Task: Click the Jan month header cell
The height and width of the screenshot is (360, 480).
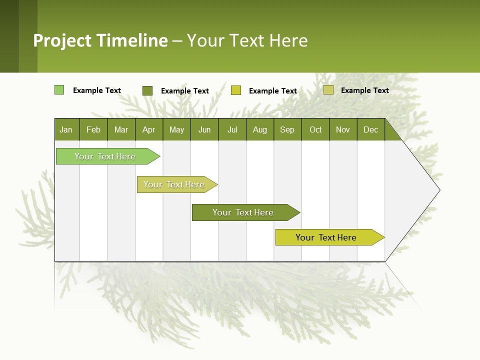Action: (66, 129)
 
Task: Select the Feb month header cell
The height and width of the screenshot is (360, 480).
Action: (93, 129)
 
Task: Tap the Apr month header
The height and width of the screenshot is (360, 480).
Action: (149, 129)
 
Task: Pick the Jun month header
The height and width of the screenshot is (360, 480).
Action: (204, 129)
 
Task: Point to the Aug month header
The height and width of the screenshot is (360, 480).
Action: (260, 129)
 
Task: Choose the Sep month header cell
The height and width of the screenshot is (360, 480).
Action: (287, 129)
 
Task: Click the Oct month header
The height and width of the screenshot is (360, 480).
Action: (315, 129)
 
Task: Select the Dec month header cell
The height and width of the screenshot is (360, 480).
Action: (371, 129)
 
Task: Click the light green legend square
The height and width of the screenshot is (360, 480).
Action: (59, 90)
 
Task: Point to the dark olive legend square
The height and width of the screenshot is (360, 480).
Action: (147, 90)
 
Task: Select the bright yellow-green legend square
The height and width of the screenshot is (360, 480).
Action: (236, 90)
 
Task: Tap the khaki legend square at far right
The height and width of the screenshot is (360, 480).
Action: (328, 90)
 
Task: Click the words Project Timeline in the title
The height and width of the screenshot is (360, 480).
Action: (100, 40)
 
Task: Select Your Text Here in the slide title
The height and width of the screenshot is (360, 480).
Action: (247, 40)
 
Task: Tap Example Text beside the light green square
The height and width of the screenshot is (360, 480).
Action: (97, 90)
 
